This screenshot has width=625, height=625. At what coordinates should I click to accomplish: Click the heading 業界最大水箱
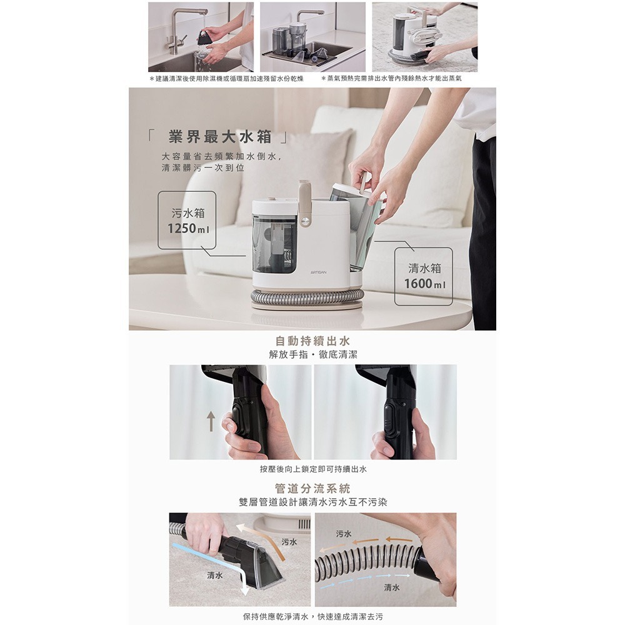[x=219, y=137]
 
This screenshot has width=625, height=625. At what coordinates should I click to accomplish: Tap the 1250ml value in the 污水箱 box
[x=189, y=228]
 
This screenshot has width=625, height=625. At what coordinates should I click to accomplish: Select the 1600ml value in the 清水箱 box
[x=425, y=284]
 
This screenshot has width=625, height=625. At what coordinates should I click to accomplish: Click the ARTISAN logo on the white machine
[x=318, y=272]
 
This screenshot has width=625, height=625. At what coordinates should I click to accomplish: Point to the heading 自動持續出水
[x=313, y=341]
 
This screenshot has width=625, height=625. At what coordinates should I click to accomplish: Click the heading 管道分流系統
[x=313, y=488]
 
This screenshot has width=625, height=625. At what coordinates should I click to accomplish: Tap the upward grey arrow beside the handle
[x=211, y=421]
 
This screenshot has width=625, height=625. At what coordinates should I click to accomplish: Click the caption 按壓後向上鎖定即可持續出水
[x=313, y=469]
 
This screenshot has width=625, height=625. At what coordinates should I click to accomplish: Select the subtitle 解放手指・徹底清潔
[x=313, y=354]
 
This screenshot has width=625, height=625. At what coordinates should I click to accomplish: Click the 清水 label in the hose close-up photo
[x=392, y=587]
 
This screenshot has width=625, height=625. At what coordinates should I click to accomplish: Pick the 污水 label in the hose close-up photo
[x=344, y=534]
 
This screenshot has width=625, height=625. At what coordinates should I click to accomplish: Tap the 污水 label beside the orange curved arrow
[x=289, y=542]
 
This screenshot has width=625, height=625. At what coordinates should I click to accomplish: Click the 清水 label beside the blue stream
[x=215, y=576]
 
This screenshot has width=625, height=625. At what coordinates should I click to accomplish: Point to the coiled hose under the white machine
[x=307, y=296]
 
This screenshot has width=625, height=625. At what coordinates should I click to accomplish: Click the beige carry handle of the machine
[x=305, y=203]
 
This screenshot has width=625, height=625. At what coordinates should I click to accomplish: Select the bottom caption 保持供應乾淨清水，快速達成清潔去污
[x=313, y=617]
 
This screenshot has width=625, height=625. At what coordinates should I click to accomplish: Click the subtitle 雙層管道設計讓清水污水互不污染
[x=313, y=502]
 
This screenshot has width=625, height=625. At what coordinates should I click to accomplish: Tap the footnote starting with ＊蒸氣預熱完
[x=391, y=79]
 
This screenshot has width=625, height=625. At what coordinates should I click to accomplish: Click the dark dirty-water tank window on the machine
[x=274, y=244]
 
